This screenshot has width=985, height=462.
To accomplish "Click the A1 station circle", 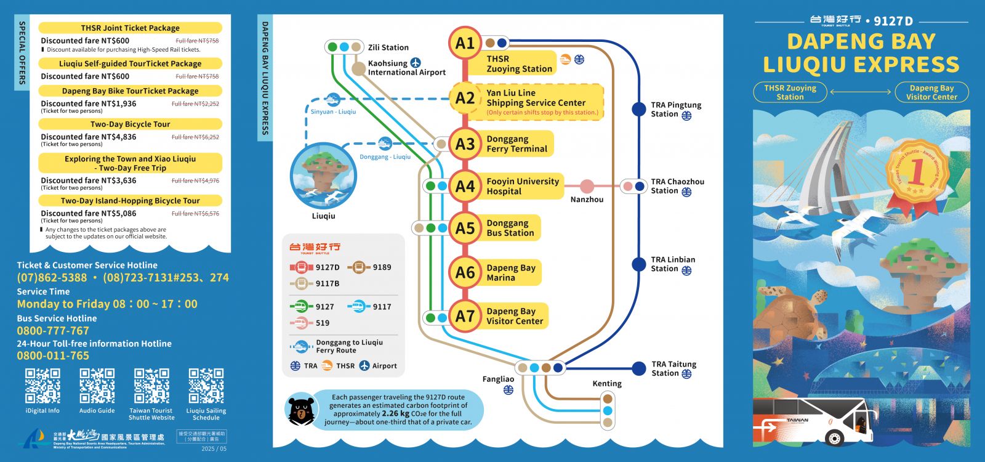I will [465, 43].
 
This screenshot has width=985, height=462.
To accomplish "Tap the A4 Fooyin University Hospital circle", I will [465, 186].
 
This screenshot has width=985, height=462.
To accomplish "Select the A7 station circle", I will [465, 316].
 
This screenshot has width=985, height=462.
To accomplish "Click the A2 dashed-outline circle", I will [465, 98].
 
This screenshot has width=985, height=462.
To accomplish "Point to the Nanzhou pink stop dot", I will [587, 186].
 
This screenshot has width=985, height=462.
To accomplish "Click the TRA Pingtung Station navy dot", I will [639, 110].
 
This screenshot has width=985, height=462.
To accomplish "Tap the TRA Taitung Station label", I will [673, 368].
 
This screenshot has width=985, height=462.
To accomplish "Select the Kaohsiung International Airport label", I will [406, 68].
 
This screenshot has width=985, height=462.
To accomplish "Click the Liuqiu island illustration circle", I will [323, 176].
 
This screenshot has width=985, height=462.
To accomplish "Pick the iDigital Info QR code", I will [42, 386].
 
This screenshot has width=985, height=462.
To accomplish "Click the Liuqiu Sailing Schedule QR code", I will [206, 386].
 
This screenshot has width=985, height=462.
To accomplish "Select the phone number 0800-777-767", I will [53, 331].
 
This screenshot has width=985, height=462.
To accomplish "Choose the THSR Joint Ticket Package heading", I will [131, 28].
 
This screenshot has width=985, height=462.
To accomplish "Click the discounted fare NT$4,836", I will [89, 137].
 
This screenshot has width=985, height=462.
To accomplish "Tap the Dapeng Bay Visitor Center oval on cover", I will [931, 92].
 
